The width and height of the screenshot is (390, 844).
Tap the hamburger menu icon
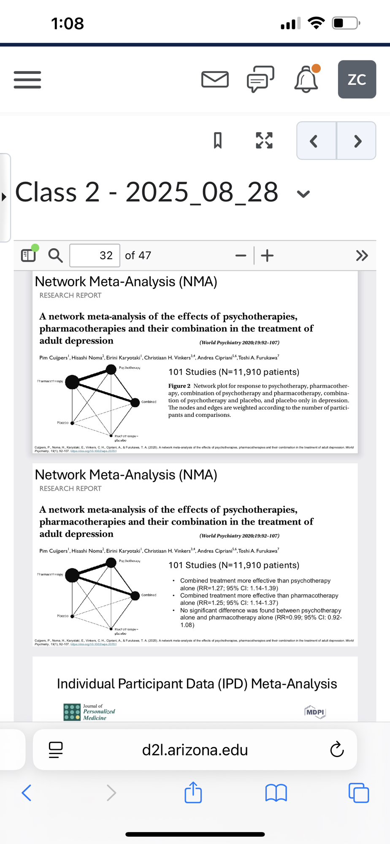click(27, 79)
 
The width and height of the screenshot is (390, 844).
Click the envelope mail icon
click(215, 79)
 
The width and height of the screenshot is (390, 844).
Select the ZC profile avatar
click(357, 79)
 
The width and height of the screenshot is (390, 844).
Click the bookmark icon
click(218, 141)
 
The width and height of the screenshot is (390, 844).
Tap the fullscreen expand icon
click(264, 141)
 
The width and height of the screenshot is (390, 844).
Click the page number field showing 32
click(95, 255)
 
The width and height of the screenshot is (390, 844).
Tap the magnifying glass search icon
click(55, 255)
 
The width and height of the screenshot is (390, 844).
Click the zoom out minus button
click(241, 255)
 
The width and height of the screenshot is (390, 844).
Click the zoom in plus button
click(267, 255)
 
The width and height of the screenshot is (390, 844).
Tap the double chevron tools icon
click(362, 255)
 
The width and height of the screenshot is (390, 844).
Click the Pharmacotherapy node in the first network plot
click(72, 382)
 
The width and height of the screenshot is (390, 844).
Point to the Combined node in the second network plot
click(135, 595)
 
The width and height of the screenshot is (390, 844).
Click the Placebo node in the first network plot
click(72, 423)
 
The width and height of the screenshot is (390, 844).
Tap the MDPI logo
click(315, 712)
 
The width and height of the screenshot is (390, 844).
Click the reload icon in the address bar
click(337, 749)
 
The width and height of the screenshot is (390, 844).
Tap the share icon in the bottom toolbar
click(193, 792)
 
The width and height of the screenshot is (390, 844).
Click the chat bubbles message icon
click(260, 79)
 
